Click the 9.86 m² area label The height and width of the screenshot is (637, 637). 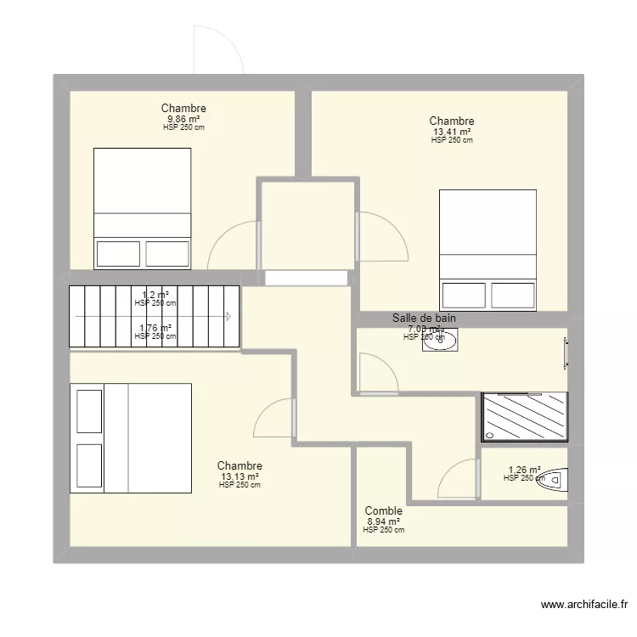coord(183,119)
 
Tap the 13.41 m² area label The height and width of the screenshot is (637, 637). coord(452,132)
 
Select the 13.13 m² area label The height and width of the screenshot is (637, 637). coord(240,476)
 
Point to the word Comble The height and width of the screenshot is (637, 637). coord(383,511)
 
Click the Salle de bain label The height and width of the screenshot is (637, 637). coord(424,318)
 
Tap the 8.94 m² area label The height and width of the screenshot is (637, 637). coord(383,521)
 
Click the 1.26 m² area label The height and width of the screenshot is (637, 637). coord(524,470)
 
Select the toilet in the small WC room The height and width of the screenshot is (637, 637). coord(553,480)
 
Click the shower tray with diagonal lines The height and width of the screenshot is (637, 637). coord(524,417)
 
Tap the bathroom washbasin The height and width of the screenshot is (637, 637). coord(441,340)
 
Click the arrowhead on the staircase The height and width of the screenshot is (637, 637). coord(230,317)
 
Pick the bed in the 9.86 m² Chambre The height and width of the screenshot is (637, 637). coord(142,209)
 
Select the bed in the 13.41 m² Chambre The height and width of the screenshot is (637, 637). coord(488,249)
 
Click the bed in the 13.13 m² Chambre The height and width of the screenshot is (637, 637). coord(131,437)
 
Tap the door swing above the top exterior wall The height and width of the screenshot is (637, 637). coord(218,49)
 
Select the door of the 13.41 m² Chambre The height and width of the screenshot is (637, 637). coord(382,235)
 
